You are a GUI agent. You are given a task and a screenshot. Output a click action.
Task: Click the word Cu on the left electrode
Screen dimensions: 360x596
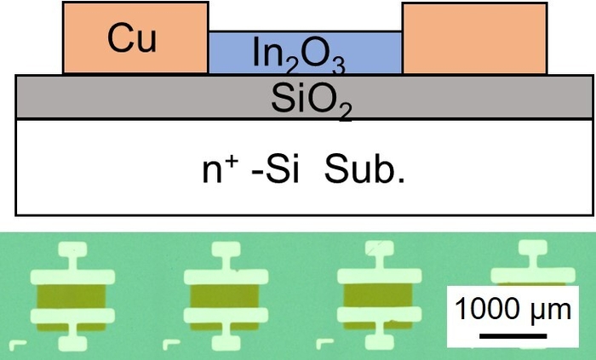pos(131,38)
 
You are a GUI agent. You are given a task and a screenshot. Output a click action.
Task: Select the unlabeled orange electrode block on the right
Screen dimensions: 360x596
pos(474,38)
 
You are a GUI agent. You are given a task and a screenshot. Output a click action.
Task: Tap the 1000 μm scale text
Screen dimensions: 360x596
pos(513,308)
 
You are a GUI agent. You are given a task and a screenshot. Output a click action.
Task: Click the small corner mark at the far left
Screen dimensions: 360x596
pos(22,345)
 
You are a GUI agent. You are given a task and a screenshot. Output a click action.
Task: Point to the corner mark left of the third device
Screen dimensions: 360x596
pos(324,344)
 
